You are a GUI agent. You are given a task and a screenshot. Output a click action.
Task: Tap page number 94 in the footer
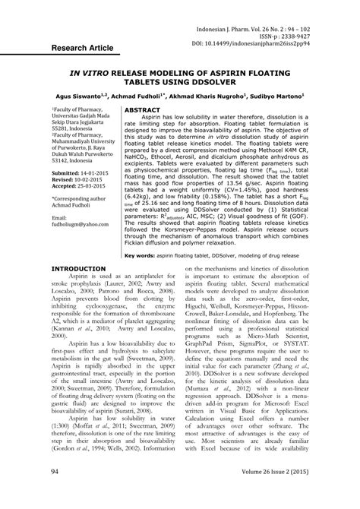click(55, 493)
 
